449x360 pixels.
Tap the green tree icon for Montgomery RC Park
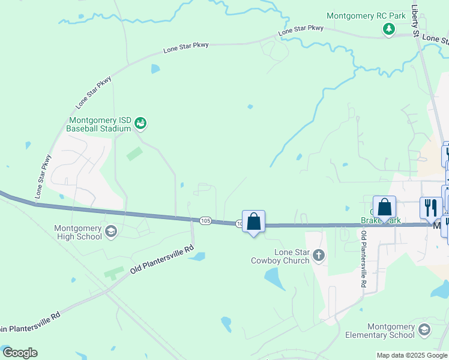389,28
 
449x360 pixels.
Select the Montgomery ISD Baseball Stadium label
98,124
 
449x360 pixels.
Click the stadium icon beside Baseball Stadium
141,124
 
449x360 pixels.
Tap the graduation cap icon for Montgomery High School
110,231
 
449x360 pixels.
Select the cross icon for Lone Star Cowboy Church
318,256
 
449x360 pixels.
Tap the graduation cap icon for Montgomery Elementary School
424,330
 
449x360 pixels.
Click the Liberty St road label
415,21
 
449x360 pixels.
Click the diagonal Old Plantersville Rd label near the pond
161,259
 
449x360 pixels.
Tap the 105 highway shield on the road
206,221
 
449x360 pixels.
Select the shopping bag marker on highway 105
254,221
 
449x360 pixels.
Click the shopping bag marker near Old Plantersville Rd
384,207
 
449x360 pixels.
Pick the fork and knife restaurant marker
430,208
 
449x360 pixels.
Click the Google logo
20,353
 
